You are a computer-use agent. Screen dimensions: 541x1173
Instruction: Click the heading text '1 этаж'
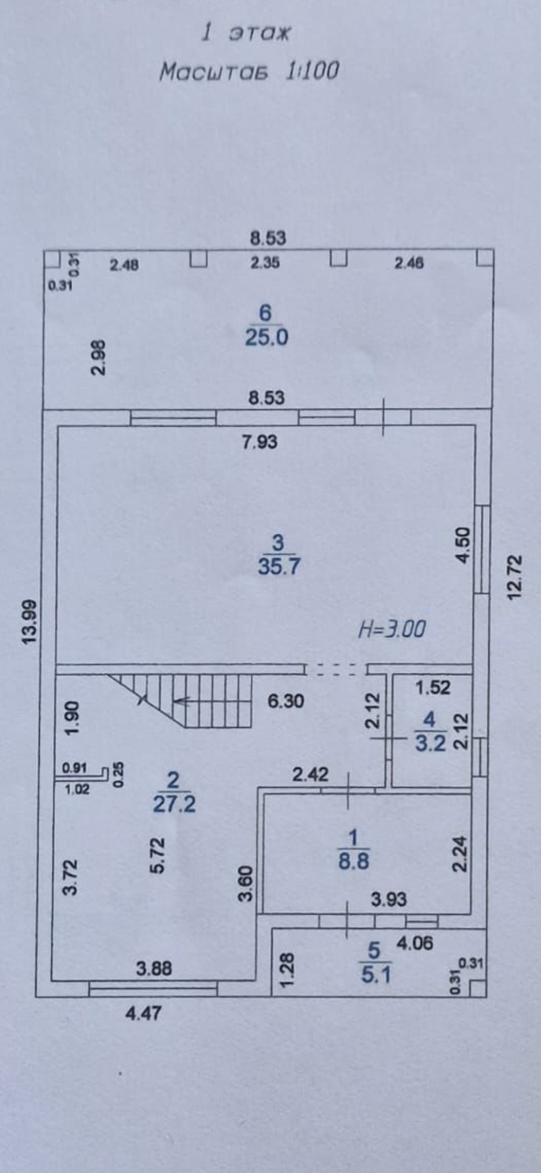246,34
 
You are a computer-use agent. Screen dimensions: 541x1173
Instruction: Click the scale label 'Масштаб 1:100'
249,70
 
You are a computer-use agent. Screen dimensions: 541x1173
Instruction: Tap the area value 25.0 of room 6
267,337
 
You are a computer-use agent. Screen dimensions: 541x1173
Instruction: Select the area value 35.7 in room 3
280,566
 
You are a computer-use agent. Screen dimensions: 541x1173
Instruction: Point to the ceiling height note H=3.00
392,629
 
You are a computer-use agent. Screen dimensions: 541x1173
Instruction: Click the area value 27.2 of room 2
175,804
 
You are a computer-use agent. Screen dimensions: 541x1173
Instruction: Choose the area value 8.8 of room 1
353,861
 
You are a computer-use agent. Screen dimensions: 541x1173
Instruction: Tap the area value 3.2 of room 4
431,743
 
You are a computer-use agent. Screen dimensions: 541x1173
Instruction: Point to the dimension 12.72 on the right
515,577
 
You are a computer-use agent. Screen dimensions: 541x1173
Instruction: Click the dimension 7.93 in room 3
260,442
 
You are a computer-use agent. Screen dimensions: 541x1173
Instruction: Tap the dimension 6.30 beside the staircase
286,701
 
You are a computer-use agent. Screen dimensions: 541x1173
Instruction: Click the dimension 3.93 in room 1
389,899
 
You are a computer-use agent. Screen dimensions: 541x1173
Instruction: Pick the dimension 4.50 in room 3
464,545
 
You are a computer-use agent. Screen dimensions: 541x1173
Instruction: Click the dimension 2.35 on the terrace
265,263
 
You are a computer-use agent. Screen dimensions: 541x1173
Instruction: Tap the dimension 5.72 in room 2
159,855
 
